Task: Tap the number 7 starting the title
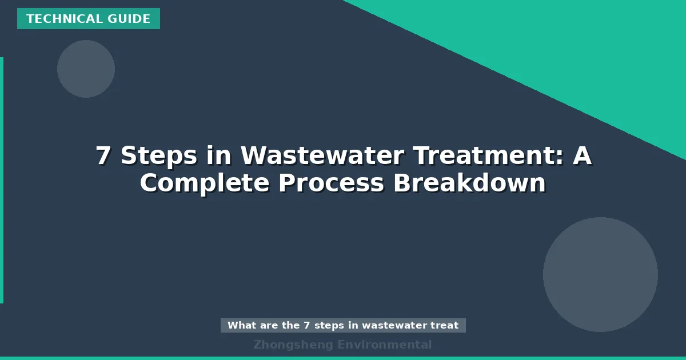[103, 156]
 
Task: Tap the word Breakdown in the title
[469, 184]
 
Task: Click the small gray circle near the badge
[86, 69]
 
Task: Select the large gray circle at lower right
[600, 274]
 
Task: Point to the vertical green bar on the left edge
[2, 180]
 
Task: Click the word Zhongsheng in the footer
[293, 345]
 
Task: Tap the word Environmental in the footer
[384, 345]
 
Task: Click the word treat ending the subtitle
[445, 326]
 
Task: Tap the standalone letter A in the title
[582, 156]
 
